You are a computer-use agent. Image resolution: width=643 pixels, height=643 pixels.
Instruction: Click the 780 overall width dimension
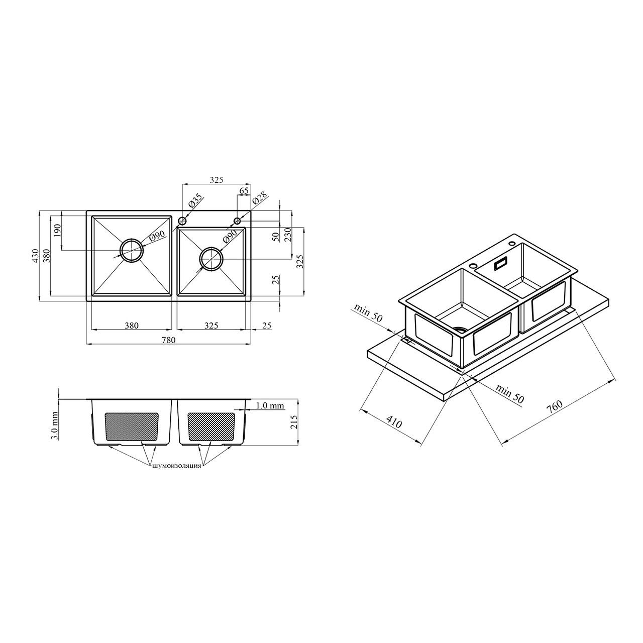click(168, 340)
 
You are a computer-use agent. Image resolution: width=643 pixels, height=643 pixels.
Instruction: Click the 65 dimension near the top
click(244, 191)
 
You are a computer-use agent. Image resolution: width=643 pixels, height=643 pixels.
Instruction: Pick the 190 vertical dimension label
click(57, 230)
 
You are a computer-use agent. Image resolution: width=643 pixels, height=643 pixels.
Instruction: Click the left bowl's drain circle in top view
click(132, 251)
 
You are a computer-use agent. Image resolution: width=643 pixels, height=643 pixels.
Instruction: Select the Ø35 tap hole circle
click(182, 221)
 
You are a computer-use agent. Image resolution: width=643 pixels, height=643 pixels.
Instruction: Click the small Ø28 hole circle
click(237, 221)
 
